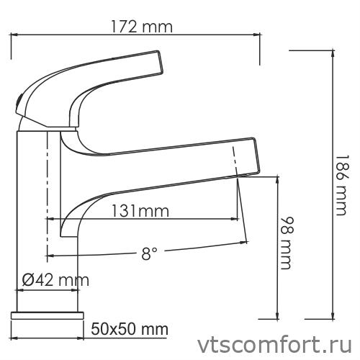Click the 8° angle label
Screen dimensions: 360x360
(x=149, y=253)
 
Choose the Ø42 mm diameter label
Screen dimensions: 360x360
(x=50, y=279)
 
